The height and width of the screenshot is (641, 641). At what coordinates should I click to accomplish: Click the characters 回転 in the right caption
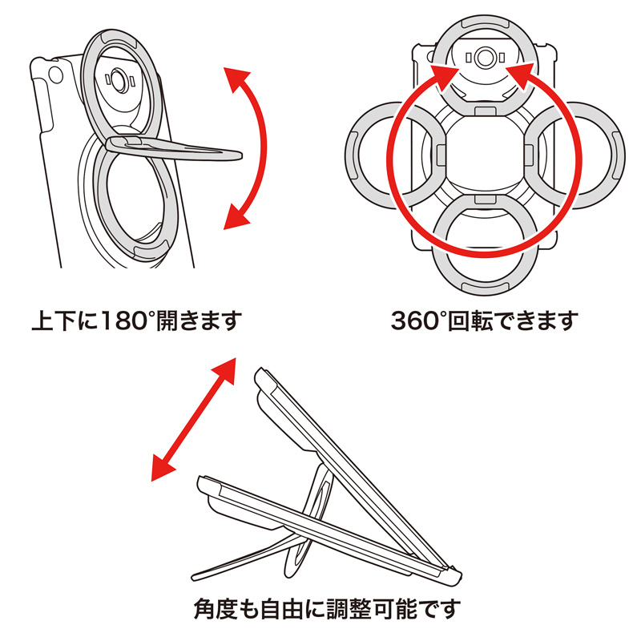point(478,323)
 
